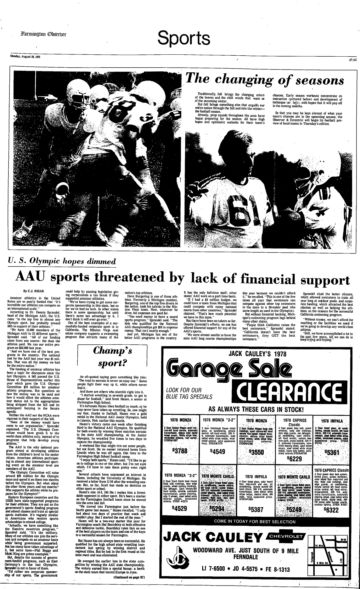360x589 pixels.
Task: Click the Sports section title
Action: [x=184, y=38]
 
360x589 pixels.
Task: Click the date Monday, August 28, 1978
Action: [x=27, y=57]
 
